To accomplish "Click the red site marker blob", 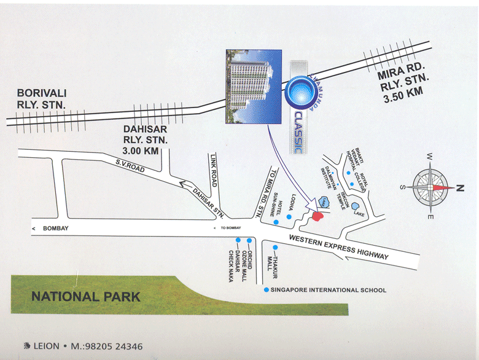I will coord(317,216).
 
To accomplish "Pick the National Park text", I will coord(85,297).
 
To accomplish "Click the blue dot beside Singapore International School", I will coord(265,290).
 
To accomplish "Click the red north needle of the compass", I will coord(446,187).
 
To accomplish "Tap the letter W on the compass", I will coord(431,157).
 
